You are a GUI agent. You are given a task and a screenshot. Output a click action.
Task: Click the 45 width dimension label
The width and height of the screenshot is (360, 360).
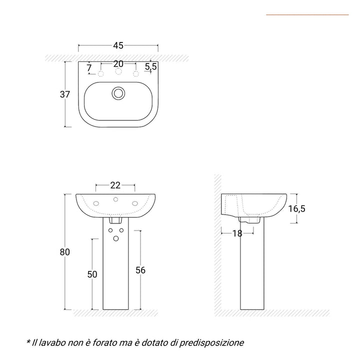tap(118, 45)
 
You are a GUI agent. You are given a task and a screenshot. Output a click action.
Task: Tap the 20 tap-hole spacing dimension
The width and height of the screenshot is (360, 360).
tap(118, 63)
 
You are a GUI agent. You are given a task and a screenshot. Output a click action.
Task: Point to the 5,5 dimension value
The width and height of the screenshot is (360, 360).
tap(151, 66)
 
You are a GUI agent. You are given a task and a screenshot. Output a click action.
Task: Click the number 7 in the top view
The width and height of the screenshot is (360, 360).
tap(89, 67)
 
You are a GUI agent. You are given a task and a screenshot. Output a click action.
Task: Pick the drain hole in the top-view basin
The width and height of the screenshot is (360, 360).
tap(118, 93)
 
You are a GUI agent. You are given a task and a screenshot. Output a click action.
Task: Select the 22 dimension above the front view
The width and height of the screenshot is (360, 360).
tap(115, 185)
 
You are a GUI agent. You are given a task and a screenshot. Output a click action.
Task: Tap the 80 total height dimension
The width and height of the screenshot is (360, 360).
tap(64, 251)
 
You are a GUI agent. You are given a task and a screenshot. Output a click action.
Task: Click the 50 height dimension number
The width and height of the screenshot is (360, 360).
tap(91, 274)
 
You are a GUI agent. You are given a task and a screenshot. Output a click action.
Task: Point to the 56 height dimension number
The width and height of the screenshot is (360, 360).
tap(140, 270)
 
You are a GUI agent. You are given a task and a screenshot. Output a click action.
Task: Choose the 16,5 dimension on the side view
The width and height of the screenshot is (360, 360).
tap(296, 209)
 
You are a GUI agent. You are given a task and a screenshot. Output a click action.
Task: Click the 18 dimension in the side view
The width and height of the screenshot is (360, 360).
tap(237, 233)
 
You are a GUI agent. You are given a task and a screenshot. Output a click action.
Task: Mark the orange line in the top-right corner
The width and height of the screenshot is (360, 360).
tap(307, 15)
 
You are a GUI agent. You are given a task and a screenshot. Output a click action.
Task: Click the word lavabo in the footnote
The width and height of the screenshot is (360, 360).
tap(53, 342)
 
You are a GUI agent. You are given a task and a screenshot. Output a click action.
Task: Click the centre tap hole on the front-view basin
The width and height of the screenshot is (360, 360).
tap(115, 200)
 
